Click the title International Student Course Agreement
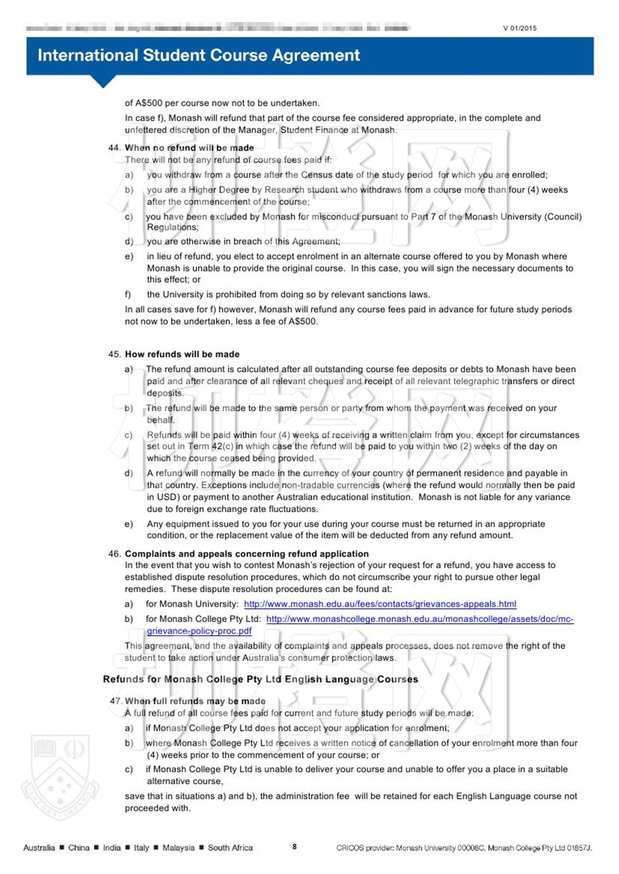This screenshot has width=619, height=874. (199, 55)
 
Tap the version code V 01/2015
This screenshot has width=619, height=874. (520, 28)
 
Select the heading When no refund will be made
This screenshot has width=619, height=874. (189, 148)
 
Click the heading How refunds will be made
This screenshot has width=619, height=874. (182, 354)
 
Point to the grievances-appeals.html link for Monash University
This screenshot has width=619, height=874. (380, 604)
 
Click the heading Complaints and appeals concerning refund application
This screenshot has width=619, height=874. (247, 554)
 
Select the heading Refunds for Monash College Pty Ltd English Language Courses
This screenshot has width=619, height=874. (260, 679)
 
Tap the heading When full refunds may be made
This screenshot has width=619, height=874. (195, 701)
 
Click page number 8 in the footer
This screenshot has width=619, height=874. (294, 847)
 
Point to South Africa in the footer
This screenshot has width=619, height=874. (230, 847)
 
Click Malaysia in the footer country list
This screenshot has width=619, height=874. (178, 847)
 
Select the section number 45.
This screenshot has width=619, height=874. (114, 354)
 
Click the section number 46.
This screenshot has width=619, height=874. (114, 554)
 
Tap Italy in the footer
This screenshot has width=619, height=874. (141, 847)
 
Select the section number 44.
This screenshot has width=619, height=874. (114, 148)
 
